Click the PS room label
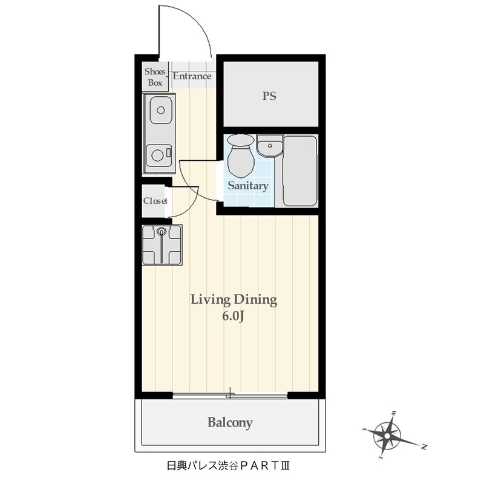[269, 96]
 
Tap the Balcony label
[230, 422]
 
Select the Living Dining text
[234, 300]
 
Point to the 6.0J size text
[234, 316]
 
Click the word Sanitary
[248, 186]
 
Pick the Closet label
[155, 201]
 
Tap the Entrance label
[192, 76]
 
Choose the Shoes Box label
[155, 77]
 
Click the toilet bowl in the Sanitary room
[241, 156]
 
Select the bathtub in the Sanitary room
[300, 171]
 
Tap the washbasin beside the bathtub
[270, 146]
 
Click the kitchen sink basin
[161, 110]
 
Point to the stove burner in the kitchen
[157, 155]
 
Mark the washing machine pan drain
[162, 231]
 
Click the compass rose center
[387, 436]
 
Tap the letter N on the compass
[425, 446]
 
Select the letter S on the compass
[365, 429]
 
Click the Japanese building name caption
[228, 465]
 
